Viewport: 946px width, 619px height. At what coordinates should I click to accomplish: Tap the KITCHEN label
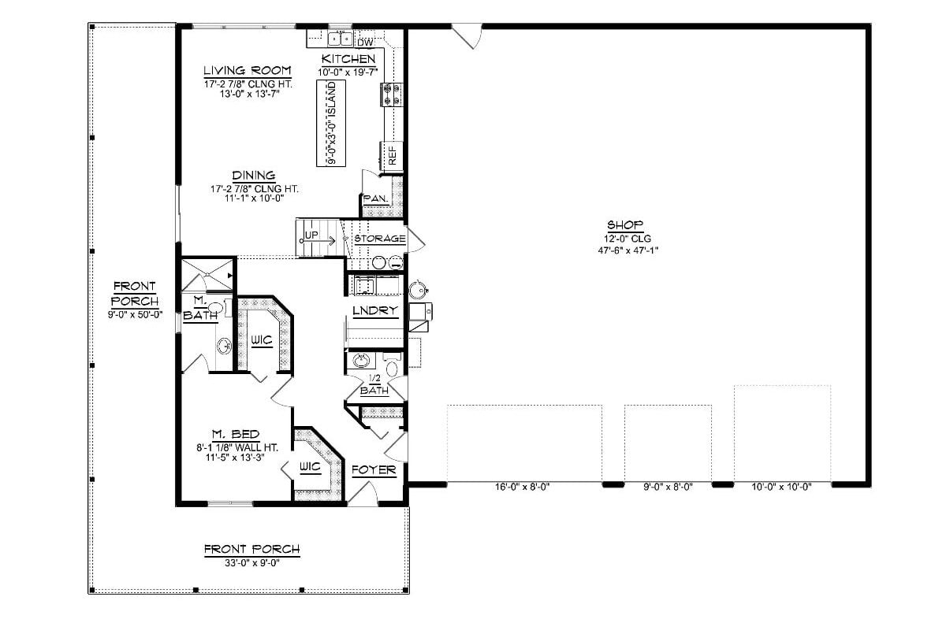348,59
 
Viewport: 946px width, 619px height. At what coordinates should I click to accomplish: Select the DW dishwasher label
364,42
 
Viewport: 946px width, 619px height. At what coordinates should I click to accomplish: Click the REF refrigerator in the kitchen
392,154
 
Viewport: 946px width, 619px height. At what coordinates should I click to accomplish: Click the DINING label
253,175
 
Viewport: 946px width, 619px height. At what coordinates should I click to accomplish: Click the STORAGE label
379,238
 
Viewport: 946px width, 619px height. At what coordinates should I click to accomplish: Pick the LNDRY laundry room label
374,311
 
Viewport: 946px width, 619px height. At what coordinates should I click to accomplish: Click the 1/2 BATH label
374,384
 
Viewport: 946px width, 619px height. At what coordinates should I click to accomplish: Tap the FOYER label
373,470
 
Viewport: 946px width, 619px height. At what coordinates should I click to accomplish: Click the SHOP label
625,224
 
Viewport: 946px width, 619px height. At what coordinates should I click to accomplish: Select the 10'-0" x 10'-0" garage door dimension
781,487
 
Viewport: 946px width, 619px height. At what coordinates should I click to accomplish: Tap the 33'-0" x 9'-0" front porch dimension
251,562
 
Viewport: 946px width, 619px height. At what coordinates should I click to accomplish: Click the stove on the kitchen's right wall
392,95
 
